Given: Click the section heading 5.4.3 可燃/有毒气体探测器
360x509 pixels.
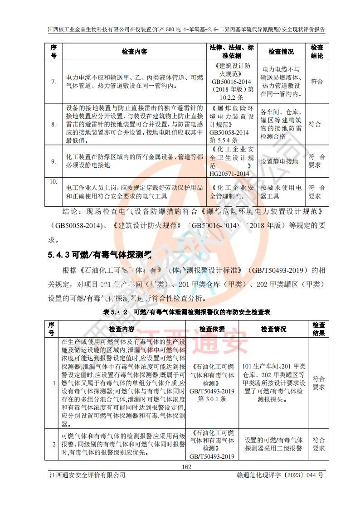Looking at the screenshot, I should tap(99, 255).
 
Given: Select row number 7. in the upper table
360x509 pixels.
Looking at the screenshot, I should tap(54, 82).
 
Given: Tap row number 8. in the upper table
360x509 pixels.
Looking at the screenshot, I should tap(54, 124).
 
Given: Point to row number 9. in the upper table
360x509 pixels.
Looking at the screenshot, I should tap(54, 161).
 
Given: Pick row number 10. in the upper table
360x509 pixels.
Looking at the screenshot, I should tap(54, 181).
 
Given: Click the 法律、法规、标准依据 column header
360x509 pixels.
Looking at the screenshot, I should tap(232, 52).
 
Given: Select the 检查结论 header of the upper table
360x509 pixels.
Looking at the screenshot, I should tap(316, 52).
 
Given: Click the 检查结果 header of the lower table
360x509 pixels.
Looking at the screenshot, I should tap(318, 329).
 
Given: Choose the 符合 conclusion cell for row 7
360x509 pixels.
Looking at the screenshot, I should tap(316, 82).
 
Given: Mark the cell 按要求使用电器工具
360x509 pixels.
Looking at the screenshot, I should tap(281, 192).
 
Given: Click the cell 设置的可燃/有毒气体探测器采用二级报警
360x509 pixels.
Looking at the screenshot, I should tap(273, 444).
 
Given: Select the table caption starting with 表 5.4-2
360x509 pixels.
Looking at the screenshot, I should tap(186, 312).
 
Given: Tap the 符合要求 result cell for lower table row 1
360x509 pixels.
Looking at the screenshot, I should tap(318, 383).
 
